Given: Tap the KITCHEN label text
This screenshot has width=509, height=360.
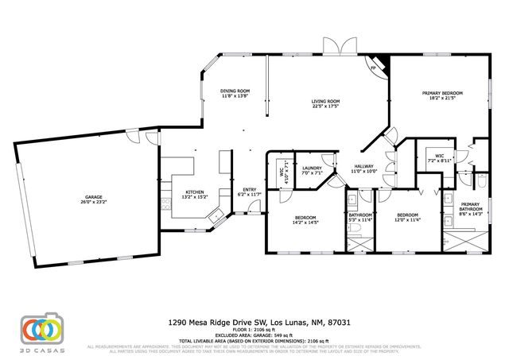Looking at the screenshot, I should click(196, 192).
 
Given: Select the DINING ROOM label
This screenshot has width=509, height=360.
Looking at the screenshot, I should click(235, 91).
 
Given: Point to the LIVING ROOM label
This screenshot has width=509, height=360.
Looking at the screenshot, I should click(325, 101).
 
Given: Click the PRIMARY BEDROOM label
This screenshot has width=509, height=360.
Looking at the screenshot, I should click(442, 93).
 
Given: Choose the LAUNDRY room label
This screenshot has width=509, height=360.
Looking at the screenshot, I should click(311, 168).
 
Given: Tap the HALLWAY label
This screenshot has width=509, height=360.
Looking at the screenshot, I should click(363, 167).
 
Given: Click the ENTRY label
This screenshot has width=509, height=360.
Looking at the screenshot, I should click(249, 190).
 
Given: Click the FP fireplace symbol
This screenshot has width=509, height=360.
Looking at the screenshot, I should click(372, 68).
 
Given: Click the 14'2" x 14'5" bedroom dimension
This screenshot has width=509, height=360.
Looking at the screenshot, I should click(305, 222).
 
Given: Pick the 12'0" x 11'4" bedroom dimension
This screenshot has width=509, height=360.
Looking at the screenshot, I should click(406, 219).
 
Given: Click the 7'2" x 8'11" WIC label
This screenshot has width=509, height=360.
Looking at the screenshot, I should click(439, 161).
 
